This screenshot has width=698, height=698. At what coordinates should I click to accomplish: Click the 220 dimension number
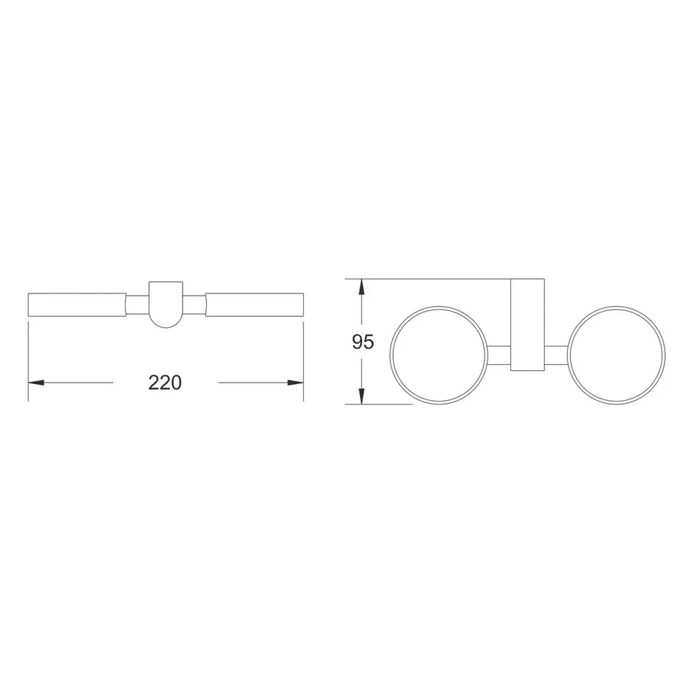point(165,383)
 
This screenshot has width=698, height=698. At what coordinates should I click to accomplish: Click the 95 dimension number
point(363,342)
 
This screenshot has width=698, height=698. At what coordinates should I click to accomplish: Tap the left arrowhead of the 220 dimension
point(36,383)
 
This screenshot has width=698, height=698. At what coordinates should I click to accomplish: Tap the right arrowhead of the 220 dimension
point(296,383)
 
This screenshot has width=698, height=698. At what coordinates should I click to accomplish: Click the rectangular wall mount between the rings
point(527,325)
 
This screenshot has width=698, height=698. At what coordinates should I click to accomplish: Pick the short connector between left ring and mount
point(499,356)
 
